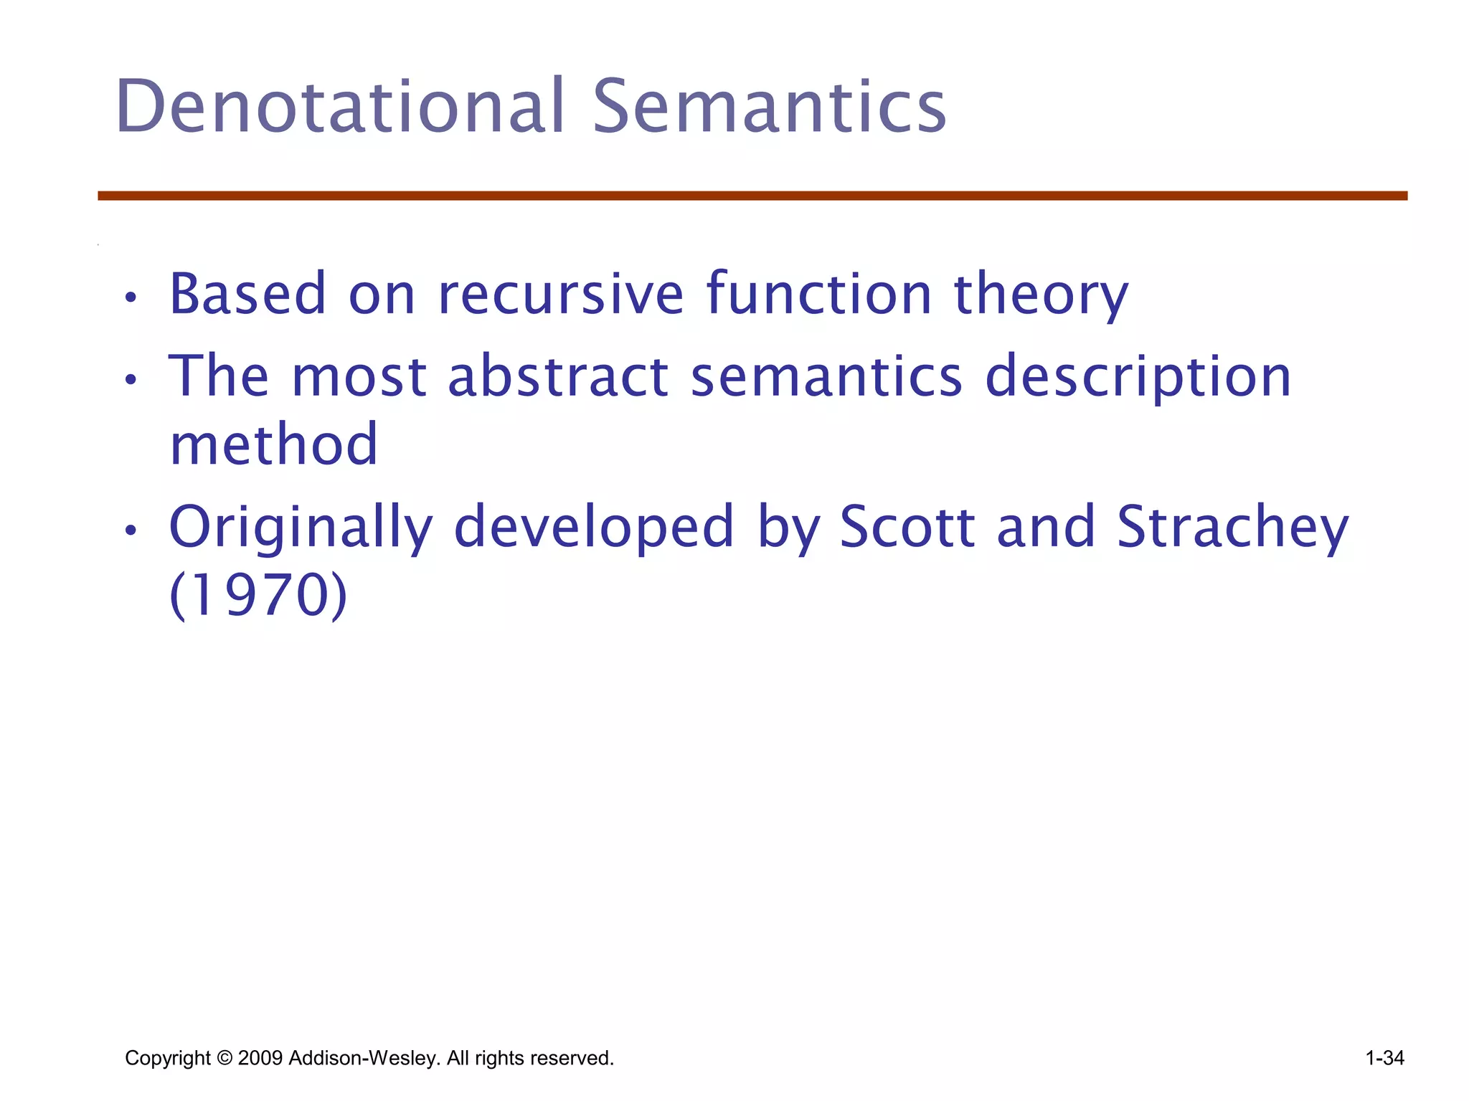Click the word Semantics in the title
(x=769, y=108)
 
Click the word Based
(x=247, y=294)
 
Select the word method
(x=273, y=444)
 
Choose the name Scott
(x=907, y=527)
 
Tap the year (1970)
(x=258, y=596)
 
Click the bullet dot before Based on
(x=130, y=297)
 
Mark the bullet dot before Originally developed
(x=130, y=530)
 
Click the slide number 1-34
(x=1384, y=1058)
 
